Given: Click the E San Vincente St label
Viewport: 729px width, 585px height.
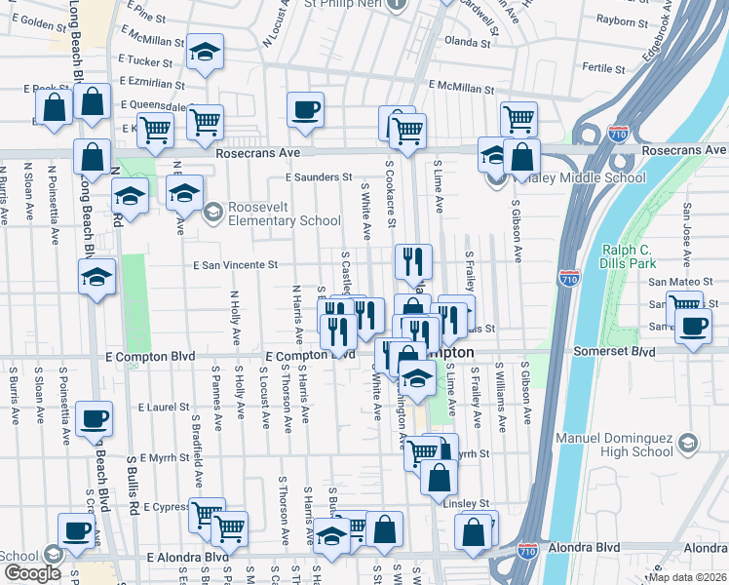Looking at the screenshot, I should (236, 264).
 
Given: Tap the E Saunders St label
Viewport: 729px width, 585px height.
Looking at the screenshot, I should (318, 177).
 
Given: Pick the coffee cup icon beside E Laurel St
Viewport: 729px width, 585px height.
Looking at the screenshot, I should (95, 419).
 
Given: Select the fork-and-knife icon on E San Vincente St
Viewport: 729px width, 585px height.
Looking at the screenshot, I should (413, 260).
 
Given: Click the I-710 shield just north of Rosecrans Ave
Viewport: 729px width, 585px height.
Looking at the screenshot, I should (617, 133).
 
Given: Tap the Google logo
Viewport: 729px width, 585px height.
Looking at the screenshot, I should (32, 573).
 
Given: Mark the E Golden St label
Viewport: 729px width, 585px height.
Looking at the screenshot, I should (36, 23).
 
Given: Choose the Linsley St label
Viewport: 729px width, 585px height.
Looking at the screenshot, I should (465, 503).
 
